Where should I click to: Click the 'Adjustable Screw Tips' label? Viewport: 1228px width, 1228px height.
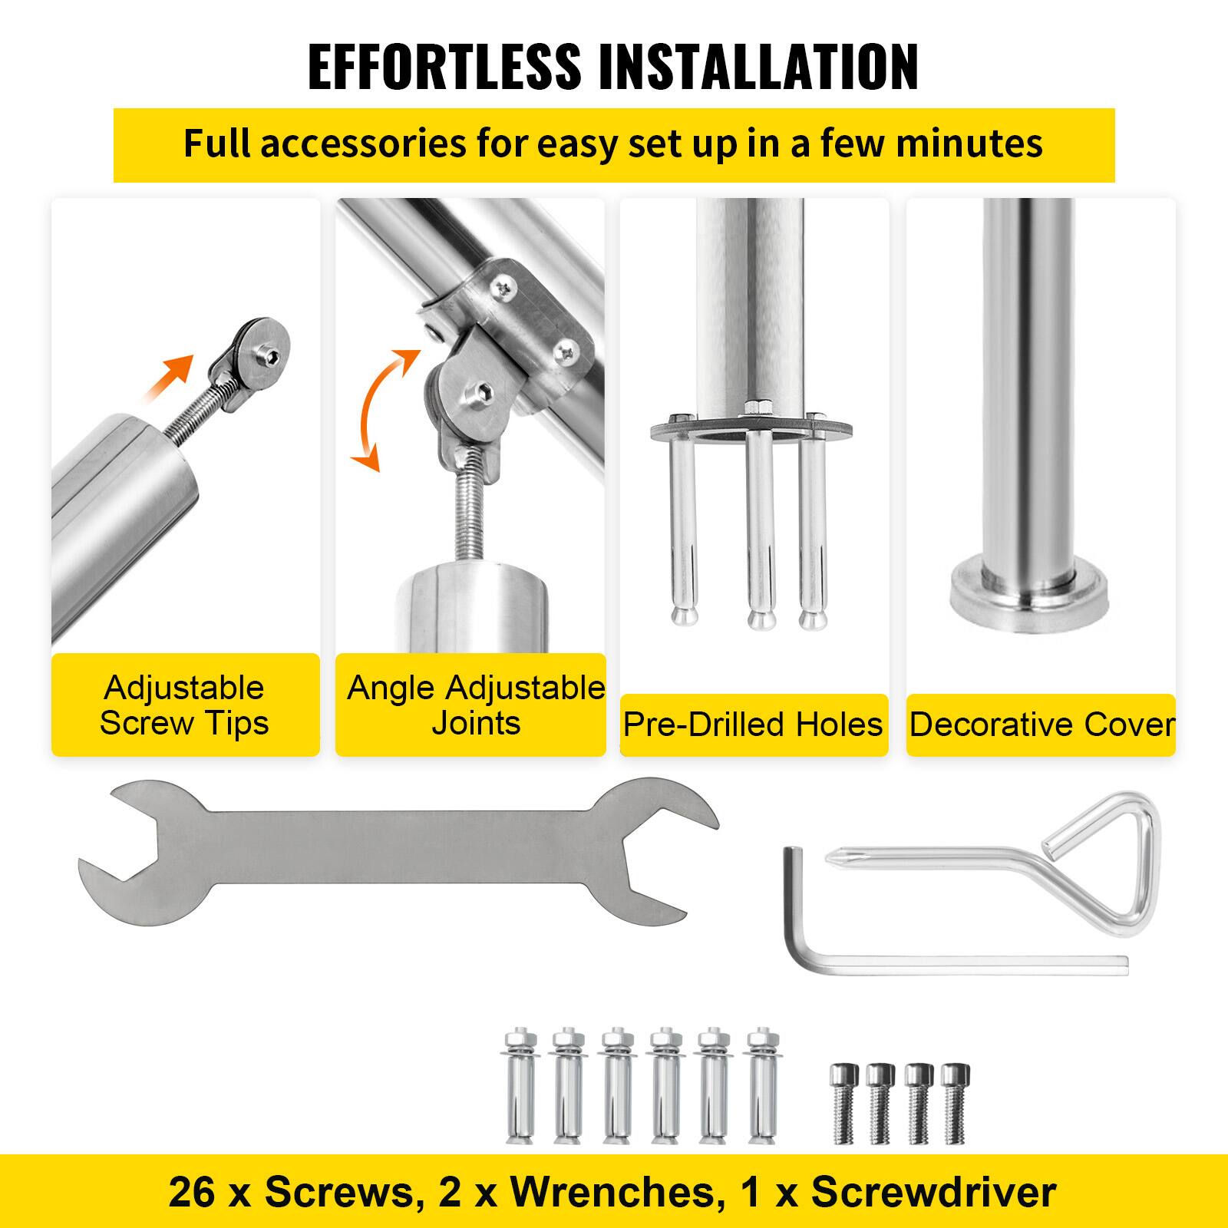[x=184, y=705]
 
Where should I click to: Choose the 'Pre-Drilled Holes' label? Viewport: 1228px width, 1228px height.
[x=753, y=725]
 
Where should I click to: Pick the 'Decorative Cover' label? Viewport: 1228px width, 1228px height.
[x=1041, y=725]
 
